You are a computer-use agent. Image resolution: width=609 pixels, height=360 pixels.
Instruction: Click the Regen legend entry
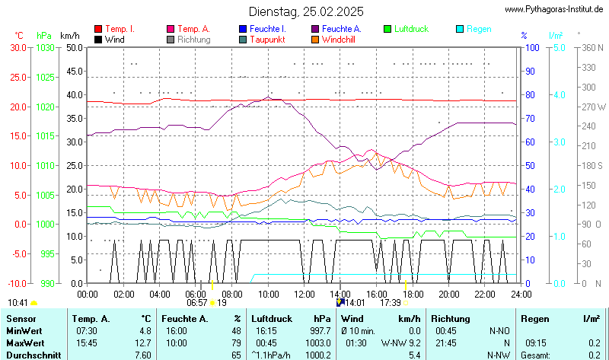click(479, 29)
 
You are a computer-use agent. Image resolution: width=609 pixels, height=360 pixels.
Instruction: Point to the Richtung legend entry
click(194, 39)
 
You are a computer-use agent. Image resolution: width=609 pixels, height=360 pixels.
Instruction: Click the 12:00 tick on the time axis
click(304, 294)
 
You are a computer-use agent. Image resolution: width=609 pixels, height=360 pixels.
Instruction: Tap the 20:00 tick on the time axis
click(448, 294)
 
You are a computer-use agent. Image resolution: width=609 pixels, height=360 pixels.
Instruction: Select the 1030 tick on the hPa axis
click(45, 47)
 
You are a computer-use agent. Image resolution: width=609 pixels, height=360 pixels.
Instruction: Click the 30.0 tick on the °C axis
click(18, 47)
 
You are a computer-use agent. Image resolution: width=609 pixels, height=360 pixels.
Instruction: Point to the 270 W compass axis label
click(594, 107)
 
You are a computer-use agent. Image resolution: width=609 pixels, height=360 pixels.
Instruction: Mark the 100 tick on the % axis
click(534, 47)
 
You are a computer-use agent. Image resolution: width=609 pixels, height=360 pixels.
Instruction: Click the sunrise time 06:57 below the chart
click(197, 303)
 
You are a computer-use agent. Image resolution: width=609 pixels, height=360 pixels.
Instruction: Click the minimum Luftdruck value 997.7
click(320, 331)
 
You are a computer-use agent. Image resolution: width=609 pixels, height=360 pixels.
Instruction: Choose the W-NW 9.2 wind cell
click(401, 342)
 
